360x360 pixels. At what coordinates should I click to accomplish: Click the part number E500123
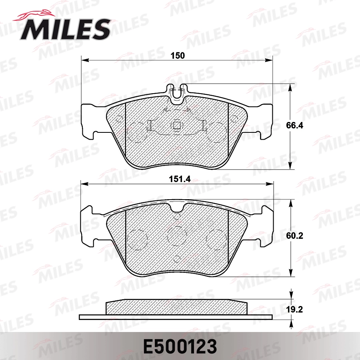(180, 346)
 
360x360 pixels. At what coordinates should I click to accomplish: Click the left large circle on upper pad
(136, 132)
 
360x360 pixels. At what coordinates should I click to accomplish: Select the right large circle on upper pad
(217, 132)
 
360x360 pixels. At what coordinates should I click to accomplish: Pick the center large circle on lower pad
(177, 236)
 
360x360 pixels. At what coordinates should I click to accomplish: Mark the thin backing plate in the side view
(176, 317)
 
